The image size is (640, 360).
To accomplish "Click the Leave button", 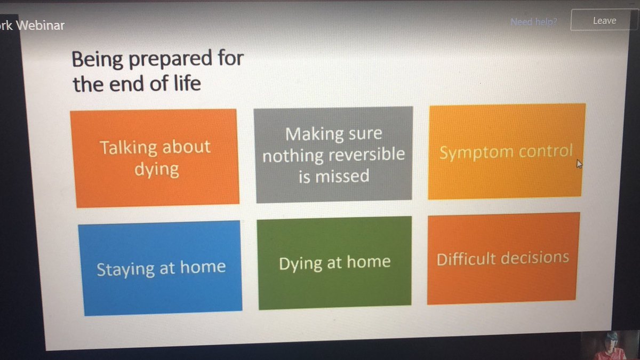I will coord(604,21).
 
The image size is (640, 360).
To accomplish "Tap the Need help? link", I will coord(534,22).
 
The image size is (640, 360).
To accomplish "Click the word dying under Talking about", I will coord(156,170).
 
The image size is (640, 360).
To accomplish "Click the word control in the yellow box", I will coord(545,151).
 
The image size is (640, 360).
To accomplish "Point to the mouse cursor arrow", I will coord(579,164).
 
